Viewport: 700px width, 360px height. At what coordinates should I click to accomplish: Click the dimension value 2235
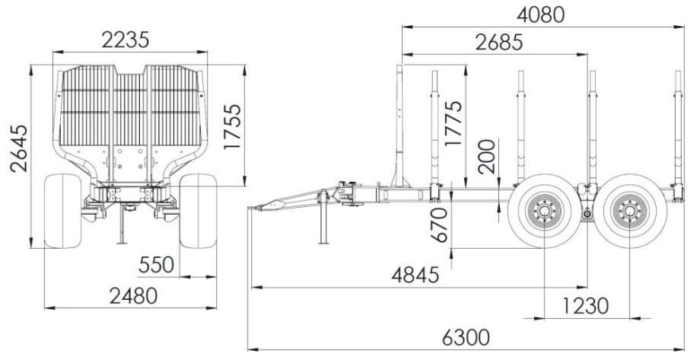[125, 40]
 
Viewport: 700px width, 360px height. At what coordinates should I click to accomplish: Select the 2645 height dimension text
[19, 148]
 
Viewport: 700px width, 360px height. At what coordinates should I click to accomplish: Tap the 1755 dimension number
[233, 127]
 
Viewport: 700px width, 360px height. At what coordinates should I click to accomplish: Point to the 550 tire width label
[156, 265]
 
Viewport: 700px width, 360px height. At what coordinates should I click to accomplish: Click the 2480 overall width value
[133, 295]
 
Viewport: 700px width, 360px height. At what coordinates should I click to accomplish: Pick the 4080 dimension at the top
[541, 14]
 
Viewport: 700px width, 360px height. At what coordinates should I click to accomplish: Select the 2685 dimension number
[498, 43]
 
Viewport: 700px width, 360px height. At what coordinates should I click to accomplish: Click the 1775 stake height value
[453, 124]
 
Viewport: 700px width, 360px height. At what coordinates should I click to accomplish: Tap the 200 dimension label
[487, 157]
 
